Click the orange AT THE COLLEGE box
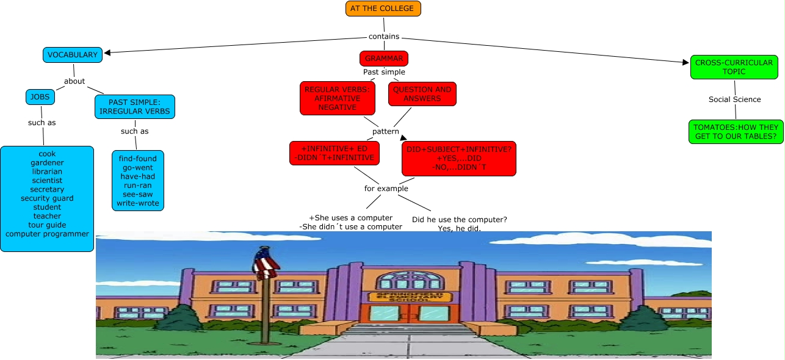click(x=383, y=9)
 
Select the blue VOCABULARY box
click(x=73, y=55)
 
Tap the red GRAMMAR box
click(x=384, y=59)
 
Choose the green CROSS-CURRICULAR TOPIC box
click(x=734, y=67)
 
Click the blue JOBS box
click(x=40, y=97)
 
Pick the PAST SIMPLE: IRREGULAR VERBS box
click(x=135, y=107)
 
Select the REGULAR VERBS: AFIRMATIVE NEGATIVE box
click(x=337, y=98)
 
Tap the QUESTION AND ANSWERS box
click(x=422, y=94)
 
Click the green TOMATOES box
click(x=736, y=132)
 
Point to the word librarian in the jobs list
click(x=47, y=171)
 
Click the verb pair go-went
click(x=137, y=168)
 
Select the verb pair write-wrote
click(x=137, y=203)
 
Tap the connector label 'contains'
click(x=384, y=37)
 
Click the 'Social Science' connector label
click(x=734, y=99)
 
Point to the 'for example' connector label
click(x=386, y=189)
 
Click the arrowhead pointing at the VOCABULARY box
click(x=109, y=52)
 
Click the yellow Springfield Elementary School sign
click(x=410, y=297)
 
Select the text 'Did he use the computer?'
click(x=460, y=220)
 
